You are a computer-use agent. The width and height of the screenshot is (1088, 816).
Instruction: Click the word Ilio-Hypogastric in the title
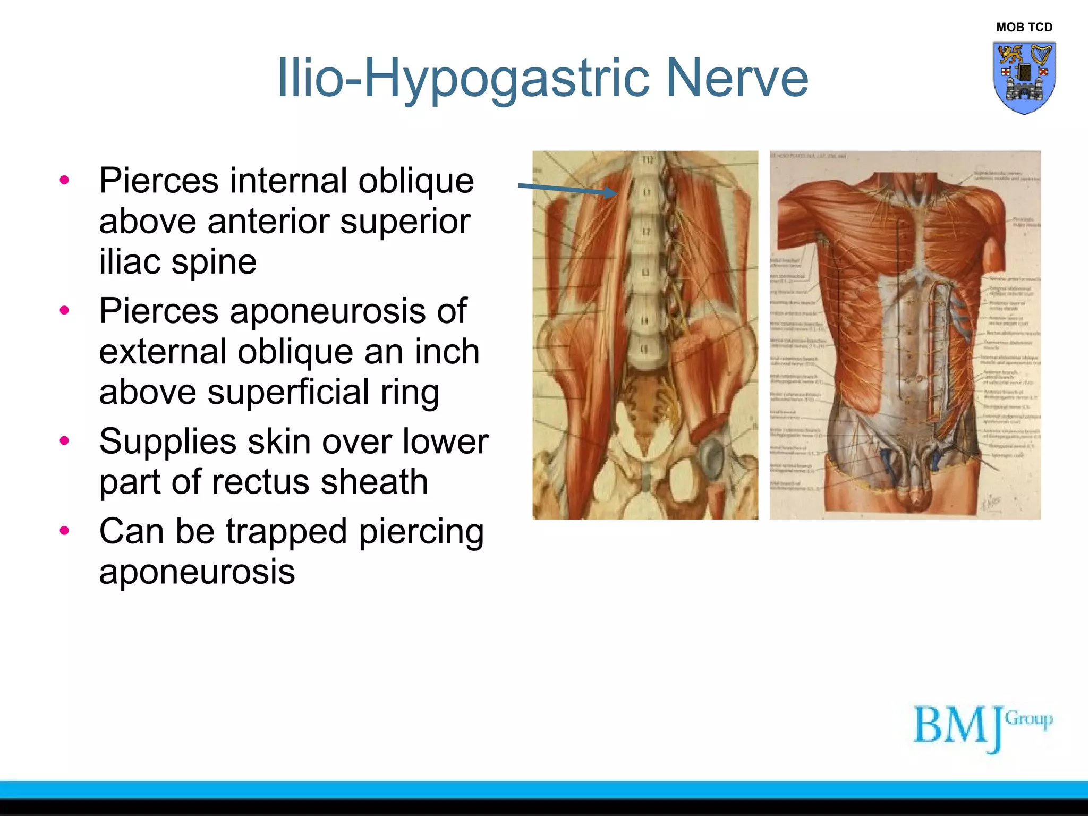463,78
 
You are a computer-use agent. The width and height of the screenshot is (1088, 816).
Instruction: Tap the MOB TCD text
1024,27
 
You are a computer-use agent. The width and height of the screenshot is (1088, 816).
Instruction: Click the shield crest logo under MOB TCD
1024,78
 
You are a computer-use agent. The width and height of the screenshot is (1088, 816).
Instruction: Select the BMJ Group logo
982,728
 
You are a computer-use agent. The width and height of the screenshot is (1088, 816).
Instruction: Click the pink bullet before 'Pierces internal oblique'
65,180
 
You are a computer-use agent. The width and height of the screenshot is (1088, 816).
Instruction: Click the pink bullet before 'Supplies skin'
65,440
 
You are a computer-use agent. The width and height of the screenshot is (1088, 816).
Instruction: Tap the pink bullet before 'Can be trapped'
65,530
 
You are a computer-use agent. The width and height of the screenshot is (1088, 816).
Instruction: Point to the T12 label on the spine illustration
647,160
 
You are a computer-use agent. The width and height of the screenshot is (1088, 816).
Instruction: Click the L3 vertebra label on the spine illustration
645,273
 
